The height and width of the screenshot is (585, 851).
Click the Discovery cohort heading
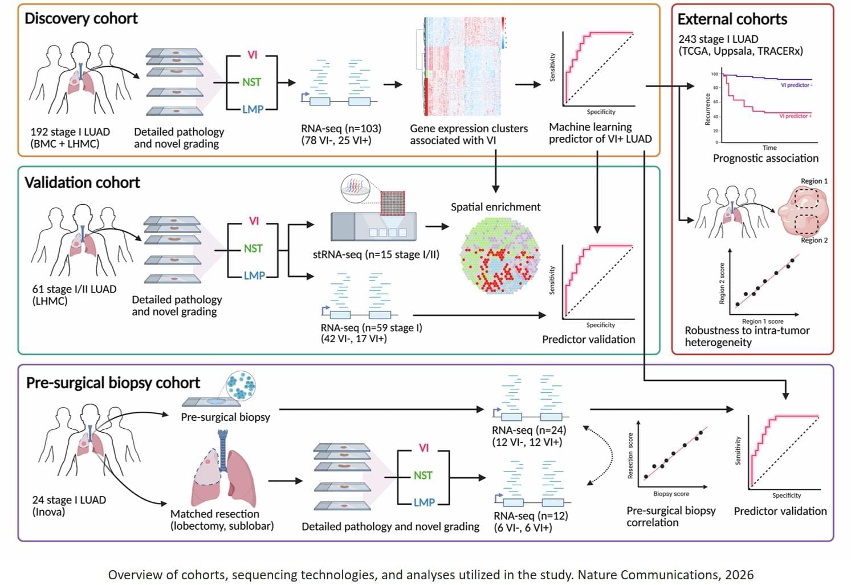pos(81,18)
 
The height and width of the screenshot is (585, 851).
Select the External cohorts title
pos(732,19)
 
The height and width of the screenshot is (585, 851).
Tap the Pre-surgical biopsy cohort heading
pos(113,383)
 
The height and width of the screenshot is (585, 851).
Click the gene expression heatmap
pos(463,66)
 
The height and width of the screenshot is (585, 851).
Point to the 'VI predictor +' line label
pos(795,116)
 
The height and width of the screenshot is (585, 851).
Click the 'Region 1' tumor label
pos(814,181)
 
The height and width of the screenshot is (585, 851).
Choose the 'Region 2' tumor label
pos(814,240)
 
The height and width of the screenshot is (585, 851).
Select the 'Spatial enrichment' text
pos(495,207)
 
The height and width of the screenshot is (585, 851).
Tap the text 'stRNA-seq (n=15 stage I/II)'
pos(376,254)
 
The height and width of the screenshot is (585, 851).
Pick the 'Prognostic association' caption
pos(765,159)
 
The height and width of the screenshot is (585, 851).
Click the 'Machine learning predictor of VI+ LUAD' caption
pos(600,133)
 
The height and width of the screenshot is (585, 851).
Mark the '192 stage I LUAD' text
pos(70,132)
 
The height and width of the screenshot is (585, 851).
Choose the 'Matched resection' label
pos(214,514)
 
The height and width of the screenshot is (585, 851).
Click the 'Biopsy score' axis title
pos(671,494)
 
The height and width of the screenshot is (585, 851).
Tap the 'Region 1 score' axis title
pos(762,322)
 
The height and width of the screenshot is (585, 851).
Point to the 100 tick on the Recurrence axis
pos(714,74)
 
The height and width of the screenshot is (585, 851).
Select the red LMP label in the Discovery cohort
pos(253,109)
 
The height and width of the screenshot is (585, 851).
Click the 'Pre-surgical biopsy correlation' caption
pos(670,516)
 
